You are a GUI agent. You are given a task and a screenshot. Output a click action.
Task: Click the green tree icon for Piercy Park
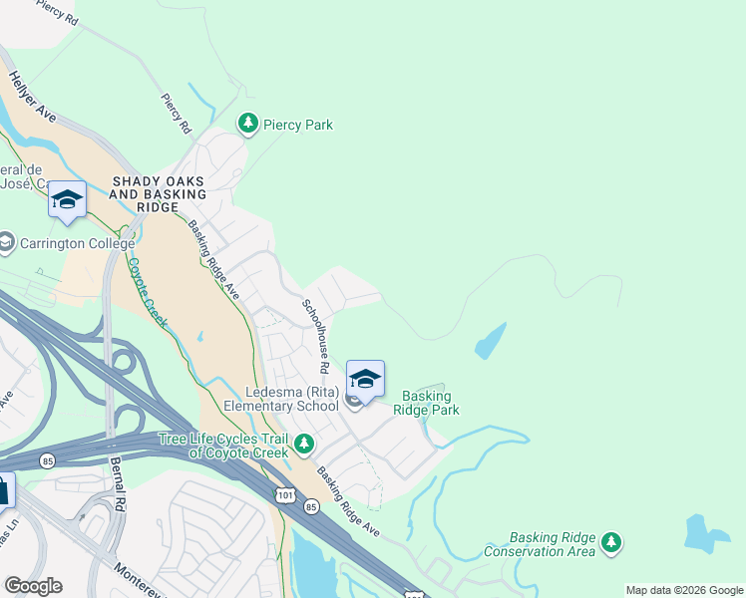tap(248, 124)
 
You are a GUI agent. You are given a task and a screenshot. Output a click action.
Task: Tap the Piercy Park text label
tap(297, 125)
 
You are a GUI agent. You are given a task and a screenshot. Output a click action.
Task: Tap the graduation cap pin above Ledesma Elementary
tap(365, 379)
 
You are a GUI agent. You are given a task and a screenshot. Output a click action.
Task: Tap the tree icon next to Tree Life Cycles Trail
tap(305, 445)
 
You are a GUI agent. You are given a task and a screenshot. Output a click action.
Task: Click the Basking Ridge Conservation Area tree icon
tap(612, 543)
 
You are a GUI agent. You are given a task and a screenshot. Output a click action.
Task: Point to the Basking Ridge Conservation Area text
tap(540, 544)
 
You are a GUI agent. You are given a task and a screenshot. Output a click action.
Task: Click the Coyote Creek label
tap(147, 296)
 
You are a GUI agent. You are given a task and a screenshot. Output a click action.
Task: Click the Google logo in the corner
tap(33, 585)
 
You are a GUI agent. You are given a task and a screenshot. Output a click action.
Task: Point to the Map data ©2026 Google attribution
tap(683, 590)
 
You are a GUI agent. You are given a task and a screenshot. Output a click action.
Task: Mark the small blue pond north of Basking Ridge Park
tap(490, 342)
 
